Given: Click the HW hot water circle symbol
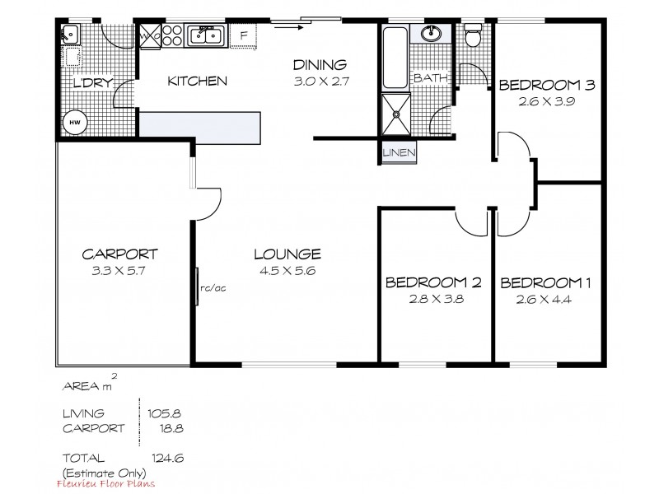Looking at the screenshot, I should (74, 122).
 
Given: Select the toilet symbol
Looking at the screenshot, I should (473, 37).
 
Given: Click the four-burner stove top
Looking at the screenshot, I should (172, 35).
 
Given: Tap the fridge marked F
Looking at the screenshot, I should (243, 35).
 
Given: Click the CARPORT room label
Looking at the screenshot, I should (120, 254).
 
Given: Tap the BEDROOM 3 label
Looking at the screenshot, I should (546, 85).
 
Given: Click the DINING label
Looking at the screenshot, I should (320, 64).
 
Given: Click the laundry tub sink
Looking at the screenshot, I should (70, 35).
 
